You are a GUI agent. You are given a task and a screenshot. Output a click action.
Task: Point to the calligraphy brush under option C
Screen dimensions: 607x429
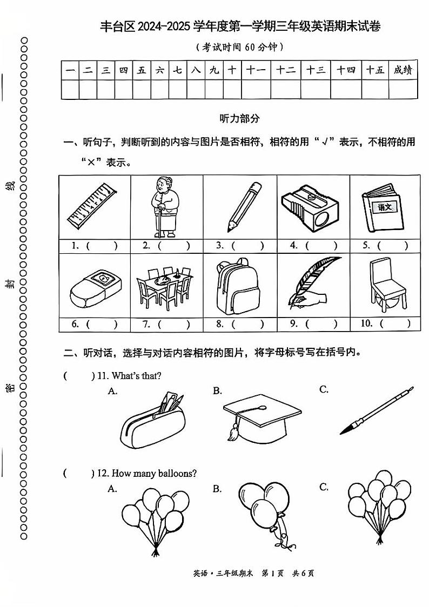click(377, 410)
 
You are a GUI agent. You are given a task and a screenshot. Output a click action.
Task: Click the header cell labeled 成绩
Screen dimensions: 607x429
click(403, 70)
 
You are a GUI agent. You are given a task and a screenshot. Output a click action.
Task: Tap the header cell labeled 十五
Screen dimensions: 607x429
click(375, 70)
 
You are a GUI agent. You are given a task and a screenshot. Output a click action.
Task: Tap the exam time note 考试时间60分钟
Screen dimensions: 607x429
click(240, 48)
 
